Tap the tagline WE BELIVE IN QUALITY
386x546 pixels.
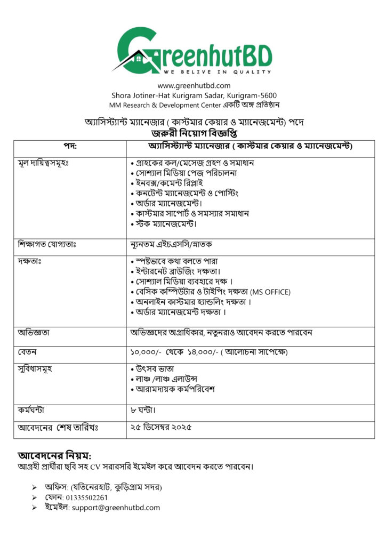217,71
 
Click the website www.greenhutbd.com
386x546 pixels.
194,85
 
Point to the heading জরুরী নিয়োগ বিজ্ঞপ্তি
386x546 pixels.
194,132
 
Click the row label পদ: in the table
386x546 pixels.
70,146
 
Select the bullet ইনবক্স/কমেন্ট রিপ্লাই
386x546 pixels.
171,183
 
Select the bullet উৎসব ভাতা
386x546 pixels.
155,369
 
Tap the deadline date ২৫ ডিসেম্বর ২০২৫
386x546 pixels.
160,427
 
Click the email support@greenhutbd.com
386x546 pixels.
116,508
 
